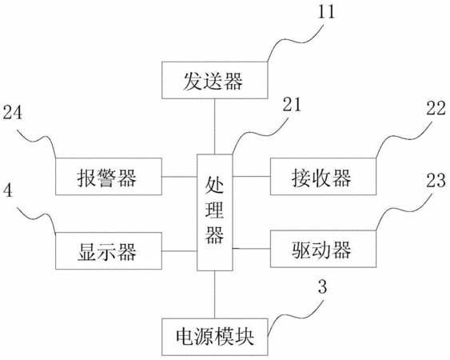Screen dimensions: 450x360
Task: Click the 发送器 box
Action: [215, 80]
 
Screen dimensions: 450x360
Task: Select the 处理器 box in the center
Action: [215, 212]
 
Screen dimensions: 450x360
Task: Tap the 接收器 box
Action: [323, 177]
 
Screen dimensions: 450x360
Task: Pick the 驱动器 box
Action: [323, 249]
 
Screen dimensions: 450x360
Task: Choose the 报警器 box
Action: [109, 177]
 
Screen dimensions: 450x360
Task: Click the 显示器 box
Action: [109, 251]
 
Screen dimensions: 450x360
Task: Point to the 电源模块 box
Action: [215, 337]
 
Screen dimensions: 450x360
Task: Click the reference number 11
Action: [326, 12]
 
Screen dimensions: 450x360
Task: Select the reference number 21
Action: [292, 105]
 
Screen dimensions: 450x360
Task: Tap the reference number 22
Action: [436, 109]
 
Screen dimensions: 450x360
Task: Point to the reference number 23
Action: [436, 181]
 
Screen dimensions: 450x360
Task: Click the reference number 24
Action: [13, 112]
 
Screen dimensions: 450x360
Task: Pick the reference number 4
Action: [8, 190]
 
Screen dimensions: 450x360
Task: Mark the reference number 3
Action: [323, 286]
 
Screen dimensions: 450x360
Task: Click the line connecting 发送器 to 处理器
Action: [215, 126]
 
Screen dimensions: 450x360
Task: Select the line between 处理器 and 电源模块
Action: [215, 294]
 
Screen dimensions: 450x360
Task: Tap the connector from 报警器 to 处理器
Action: [179, 177]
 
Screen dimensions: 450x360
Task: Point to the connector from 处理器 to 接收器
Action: [252, 176]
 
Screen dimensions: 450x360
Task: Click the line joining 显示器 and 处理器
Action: [179, 251]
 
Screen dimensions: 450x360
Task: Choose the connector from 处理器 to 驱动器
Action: [252, 249]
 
